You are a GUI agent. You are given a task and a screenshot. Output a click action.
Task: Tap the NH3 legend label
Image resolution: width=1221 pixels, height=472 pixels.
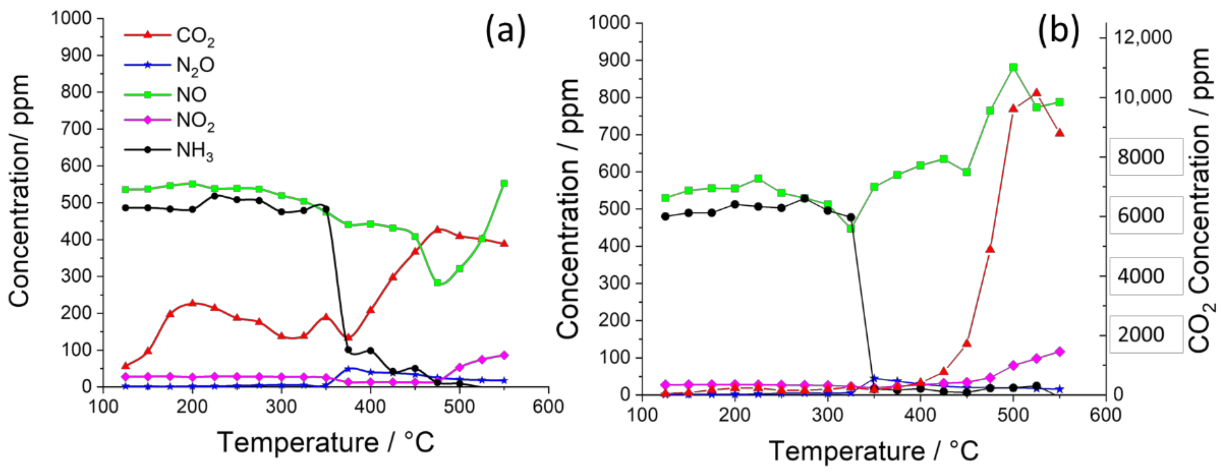[x=194, y=151]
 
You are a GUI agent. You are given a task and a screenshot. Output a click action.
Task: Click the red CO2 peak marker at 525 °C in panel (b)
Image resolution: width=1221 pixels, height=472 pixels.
[x=1037, y=92]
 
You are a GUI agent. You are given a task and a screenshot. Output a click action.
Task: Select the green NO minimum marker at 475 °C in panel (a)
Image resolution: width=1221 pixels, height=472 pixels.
[x=438, y=283]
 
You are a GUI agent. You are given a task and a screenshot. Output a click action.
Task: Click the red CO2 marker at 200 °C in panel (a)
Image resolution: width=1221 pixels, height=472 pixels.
[x=193, y=303]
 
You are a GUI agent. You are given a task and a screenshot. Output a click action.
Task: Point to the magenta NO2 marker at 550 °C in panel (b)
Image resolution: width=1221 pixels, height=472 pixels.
[x=1060, y=351]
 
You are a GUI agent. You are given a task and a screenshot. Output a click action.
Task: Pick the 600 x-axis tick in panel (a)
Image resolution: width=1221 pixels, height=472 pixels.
[x=548, y=407]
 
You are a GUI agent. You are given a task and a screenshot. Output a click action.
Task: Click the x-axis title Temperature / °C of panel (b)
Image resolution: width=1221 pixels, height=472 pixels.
[x=873, y=451]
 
